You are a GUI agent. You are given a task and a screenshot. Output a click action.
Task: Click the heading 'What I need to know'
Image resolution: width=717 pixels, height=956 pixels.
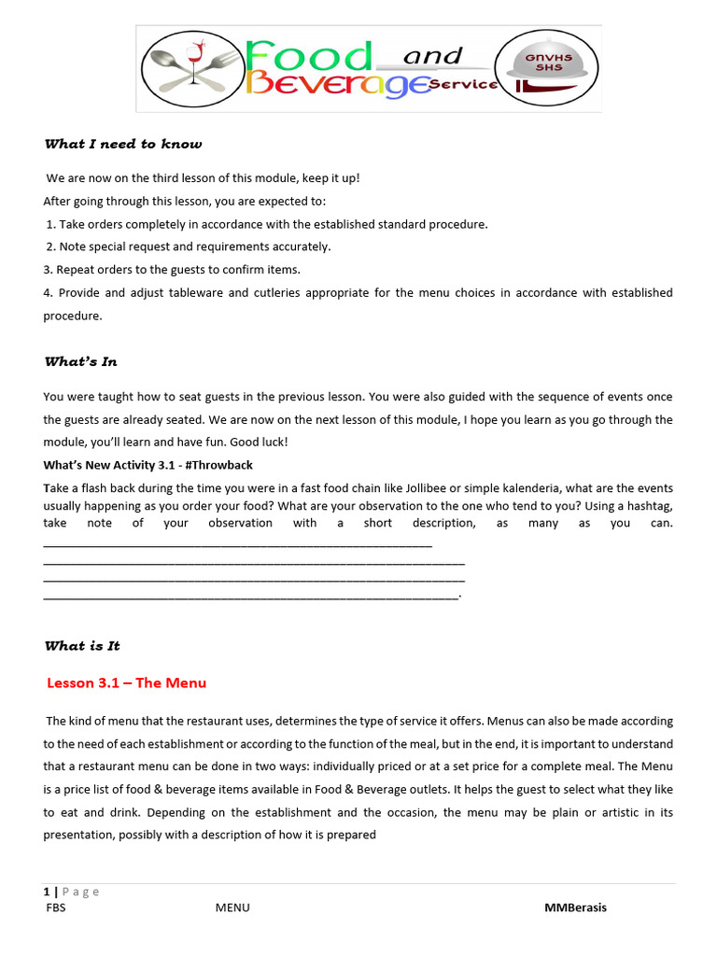click(123, 144)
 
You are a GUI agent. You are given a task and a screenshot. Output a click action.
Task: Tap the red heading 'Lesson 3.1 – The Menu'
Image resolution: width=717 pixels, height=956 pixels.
click(126, 682)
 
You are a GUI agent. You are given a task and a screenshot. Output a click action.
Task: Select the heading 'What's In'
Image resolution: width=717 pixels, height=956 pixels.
click(81, 361)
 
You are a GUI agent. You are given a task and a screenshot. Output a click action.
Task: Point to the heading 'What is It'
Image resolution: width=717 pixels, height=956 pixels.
click(82, 645)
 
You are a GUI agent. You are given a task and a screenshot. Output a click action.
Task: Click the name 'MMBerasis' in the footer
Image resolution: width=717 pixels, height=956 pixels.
click(575, 907)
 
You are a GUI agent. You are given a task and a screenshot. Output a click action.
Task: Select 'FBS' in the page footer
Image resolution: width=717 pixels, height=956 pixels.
click(55, 907)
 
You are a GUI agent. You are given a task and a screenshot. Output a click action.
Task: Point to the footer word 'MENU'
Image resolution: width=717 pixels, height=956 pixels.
click(232, 907)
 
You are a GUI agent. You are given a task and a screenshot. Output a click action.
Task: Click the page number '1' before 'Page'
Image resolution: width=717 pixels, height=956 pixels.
click(47, 892)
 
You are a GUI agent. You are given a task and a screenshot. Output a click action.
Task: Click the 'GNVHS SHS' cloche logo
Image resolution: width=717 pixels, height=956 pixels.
click(543, 68)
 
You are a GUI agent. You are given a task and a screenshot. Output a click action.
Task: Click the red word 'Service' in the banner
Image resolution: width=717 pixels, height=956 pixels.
click(463, 84)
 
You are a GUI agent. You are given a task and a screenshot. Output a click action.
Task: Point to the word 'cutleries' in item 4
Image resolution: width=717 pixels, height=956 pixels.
click(288, 292)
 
